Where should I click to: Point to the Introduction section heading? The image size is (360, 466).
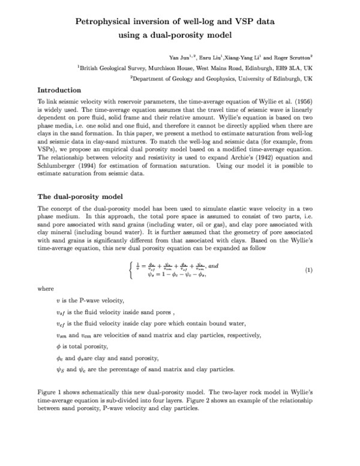[x=64, y=91]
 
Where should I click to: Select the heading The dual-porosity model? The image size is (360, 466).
[x=80, y=196]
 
